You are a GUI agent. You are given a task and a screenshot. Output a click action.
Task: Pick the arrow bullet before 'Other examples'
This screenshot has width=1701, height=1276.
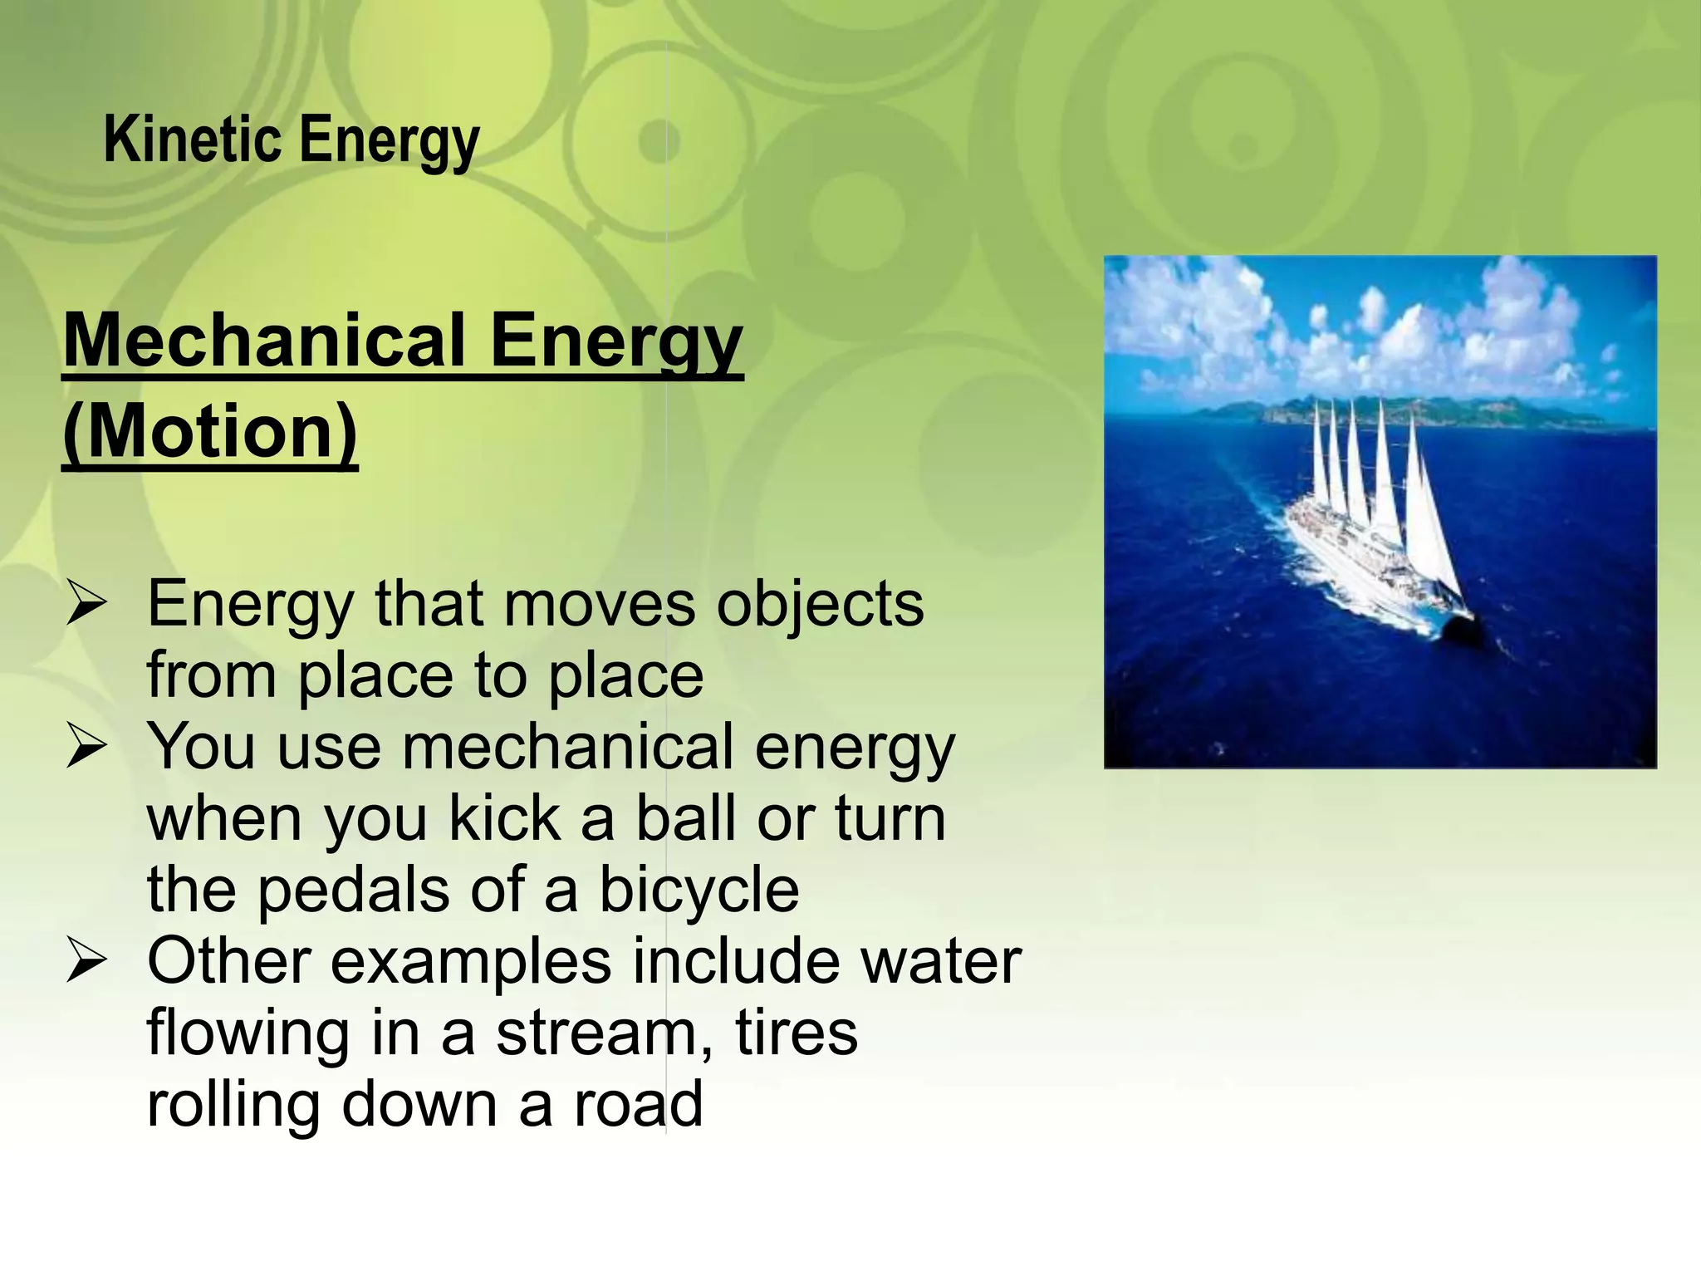pos(86,962)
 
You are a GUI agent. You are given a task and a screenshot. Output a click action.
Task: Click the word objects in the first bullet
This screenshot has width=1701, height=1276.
pos(820,606)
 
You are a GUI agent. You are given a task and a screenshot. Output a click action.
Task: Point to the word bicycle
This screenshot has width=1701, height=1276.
pos(699,890)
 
